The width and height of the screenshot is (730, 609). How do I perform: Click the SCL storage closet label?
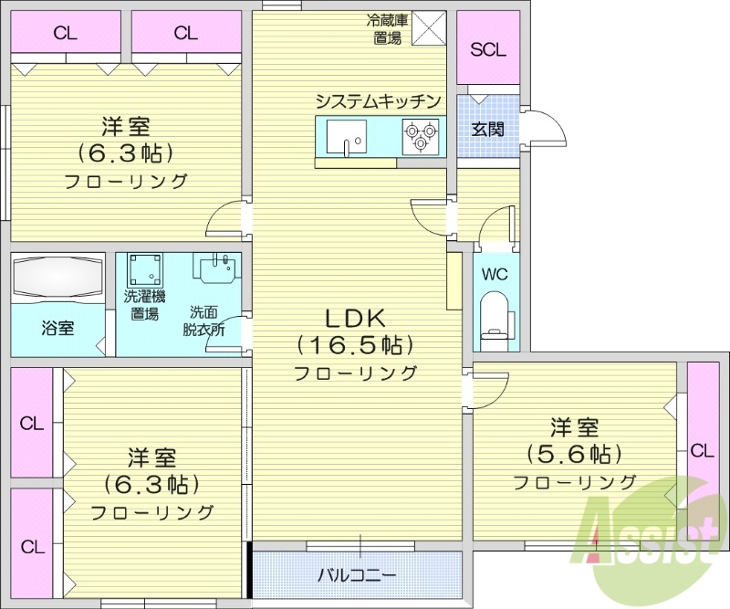487,49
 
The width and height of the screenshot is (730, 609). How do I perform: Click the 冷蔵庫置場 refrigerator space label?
386,28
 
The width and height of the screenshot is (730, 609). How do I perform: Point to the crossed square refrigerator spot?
428,27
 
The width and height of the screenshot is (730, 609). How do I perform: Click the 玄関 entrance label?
487,129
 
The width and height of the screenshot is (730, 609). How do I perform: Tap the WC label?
495,274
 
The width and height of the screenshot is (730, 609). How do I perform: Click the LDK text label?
358,318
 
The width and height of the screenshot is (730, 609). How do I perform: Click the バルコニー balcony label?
357,575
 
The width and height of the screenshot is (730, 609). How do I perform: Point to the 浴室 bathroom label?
57,328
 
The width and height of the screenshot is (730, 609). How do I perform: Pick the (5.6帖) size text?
574,454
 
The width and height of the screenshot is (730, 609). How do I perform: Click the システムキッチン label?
379,100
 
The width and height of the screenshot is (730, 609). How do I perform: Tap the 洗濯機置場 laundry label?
144,305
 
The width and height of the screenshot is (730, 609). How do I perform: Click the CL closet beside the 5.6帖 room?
702,449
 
